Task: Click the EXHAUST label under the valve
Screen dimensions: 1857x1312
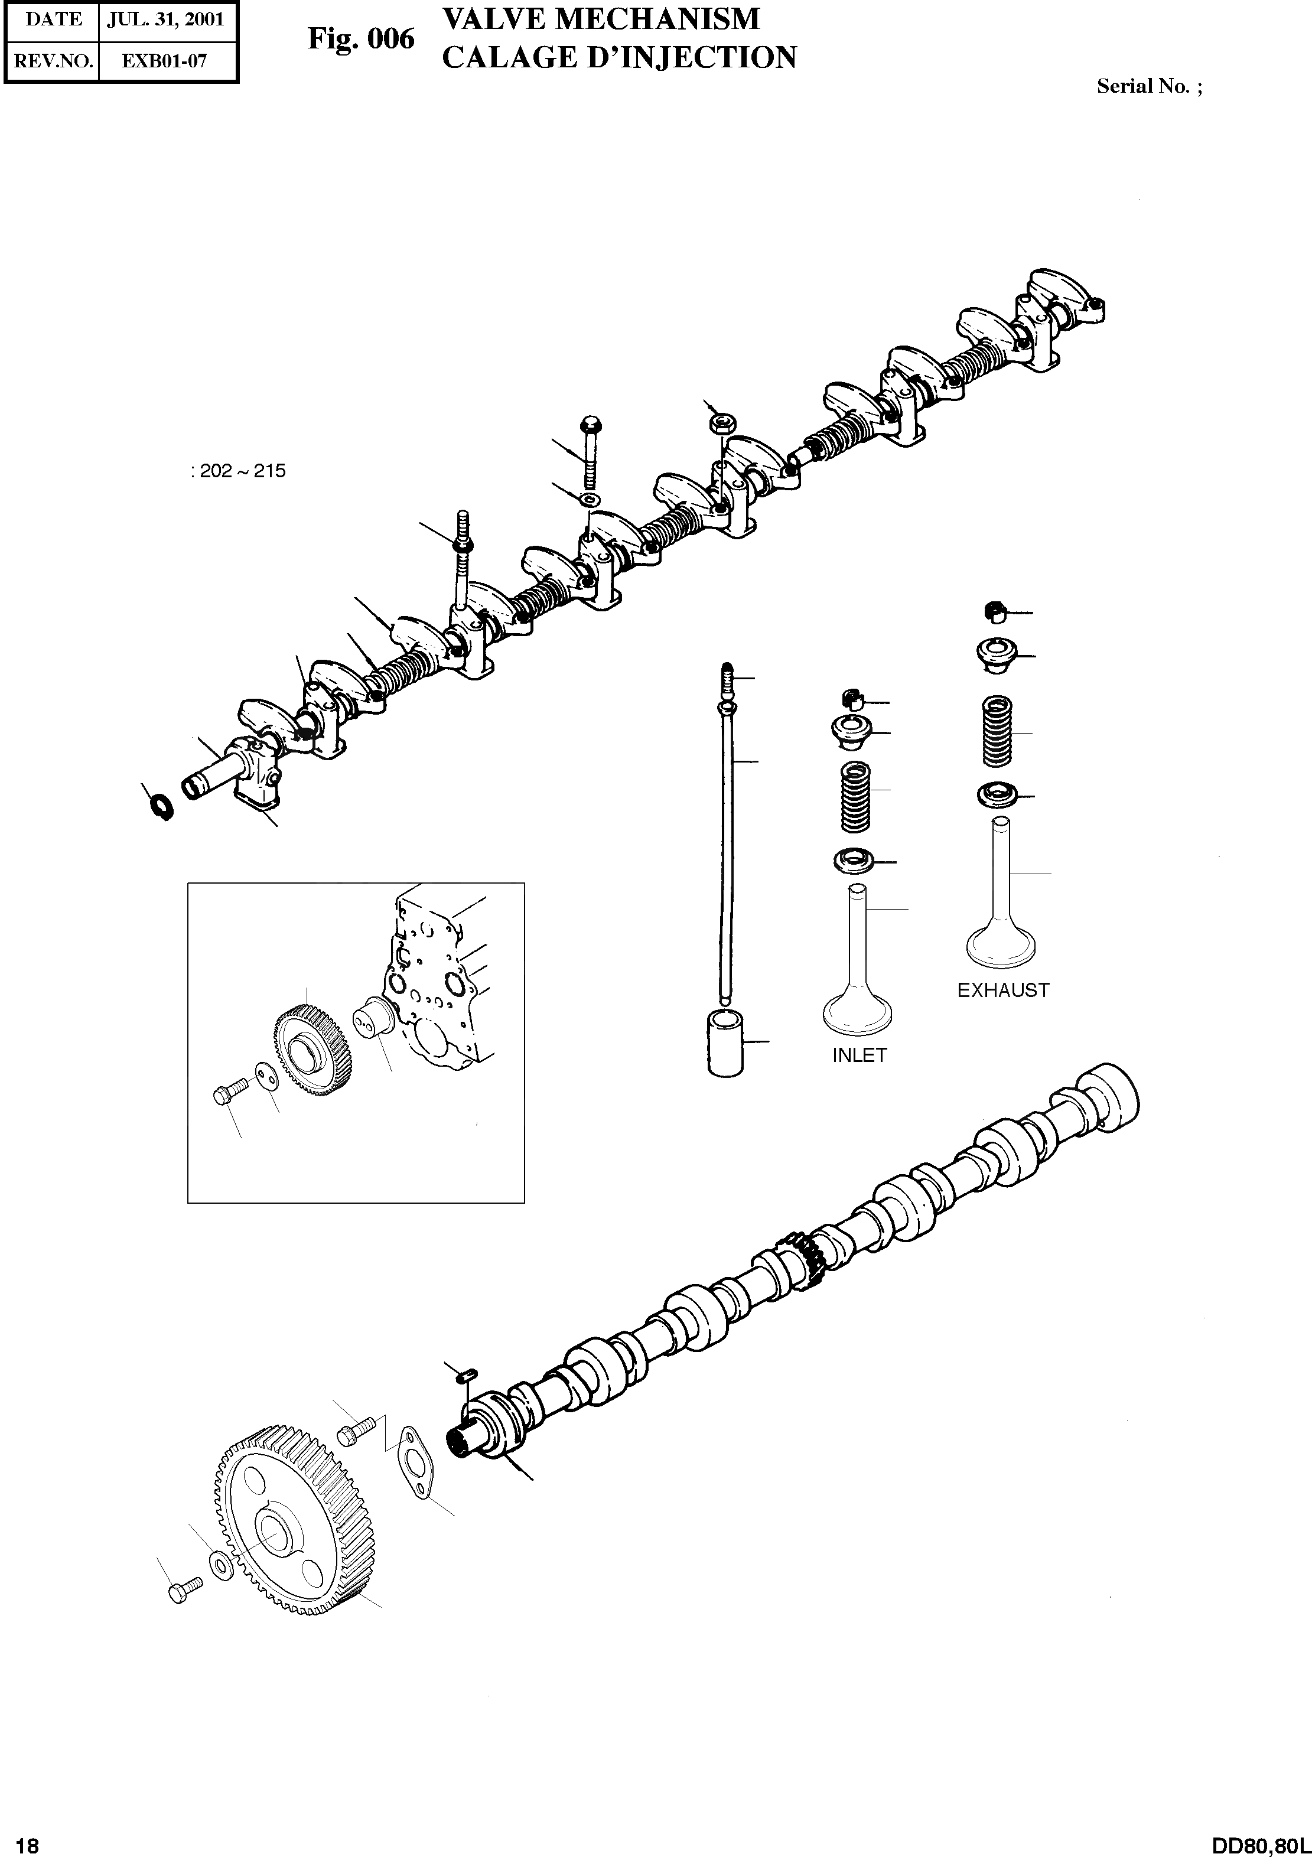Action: [1003, 991]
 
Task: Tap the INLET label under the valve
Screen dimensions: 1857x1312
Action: [859, 1055]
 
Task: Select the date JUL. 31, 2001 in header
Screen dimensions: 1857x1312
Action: [166, 19]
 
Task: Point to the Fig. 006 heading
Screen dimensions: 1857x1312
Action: [361, 39]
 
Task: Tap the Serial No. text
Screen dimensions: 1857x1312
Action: [1148, 87]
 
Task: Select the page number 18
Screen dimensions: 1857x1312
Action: [26, 1839]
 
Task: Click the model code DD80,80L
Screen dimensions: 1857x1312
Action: [1260, 1839]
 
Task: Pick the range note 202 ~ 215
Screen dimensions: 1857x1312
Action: [239, 471]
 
